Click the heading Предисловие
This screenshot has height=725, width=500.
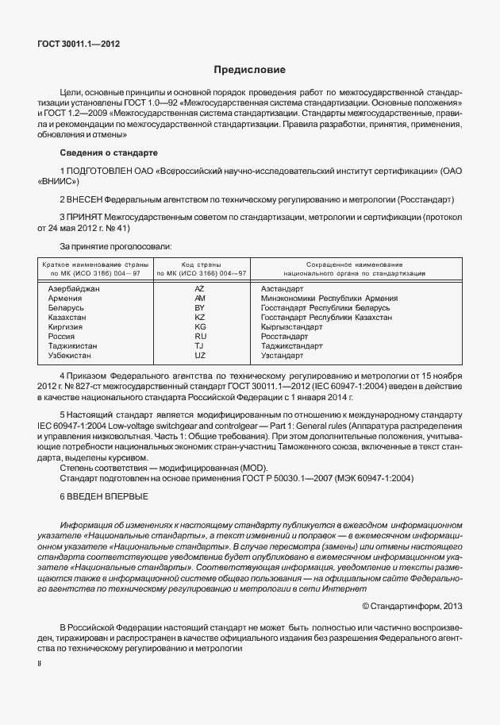pos(249,71)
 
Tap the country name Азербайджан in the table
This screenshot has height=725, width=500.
pos(74,288)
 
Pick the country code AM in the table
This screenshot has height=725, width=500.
pos(200,298)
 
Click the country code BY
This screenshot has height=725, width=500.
pos(200,307)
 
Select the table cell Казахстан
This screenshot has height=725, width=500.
pos(68,317)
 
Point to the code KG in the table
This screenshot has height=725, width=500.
pos(200,326)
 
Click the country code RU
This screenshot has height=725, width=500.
pos(200,336)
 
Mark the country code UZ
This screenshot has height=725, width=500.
pos(200,355)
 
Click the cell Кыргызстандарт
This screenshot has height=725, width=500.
pos(292,326)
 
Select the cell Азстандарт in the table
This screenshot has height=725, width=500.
pos(283,288)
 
